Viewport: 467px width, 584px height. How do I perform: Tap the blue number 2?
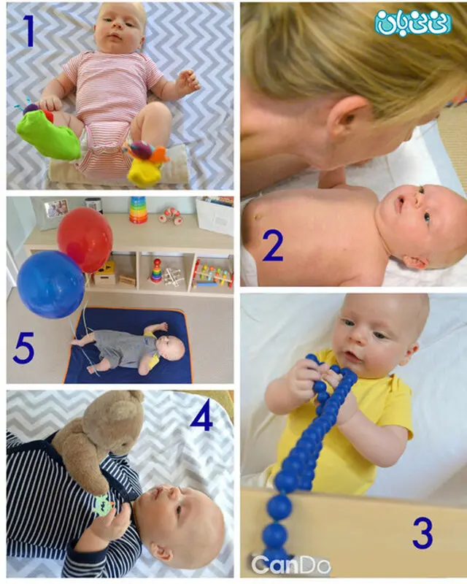coord(273,245)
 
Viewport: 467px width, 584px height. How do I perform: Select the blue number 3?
coord(422,534)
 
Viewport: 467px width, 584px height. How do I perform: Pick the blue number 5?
coord(23,347)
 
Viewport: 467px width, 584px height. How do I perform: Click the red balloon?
coord(85,239)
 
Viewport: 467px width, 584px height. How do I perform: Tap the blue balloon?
coord(50,285)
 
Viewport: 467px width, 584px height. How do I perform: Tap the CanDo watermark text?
coord(290,565)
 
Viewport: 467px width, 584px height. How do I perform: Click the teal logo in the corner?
coord(413,22)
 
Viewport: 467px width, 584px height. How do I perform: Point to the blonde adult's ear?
coord(347,118)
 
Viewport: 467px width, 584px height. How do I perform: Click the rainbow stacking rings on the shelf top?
coord(138,210)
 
